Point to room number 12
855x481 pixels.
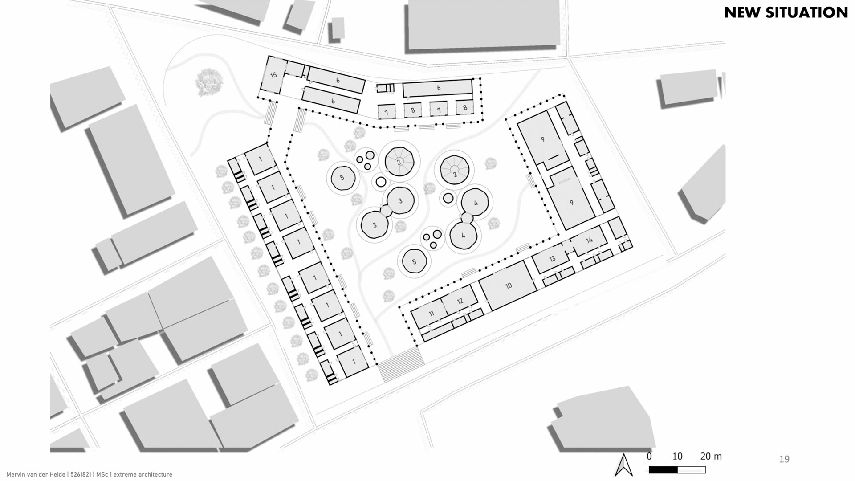tap(460, 301)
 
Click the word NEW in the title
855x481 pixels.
tap(742, 12)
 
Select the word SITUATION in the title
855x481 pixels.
tap(806, 12)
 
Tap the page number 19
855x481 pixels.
tap(784, 459)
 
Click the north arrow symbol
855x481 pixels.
tap(624, 465)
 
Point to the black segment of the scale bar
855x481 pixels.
tap(663, 470)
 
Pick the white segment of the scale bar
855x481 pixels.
tap(692, 470)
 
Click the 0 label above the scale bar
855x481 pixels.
tap(649, 457)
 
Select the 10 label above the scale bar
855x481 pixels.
tap(677, 457)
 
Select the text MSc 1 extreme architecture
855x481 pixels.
tap(134, 475)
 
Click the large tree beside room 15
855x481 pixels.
tap(209, 82)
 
